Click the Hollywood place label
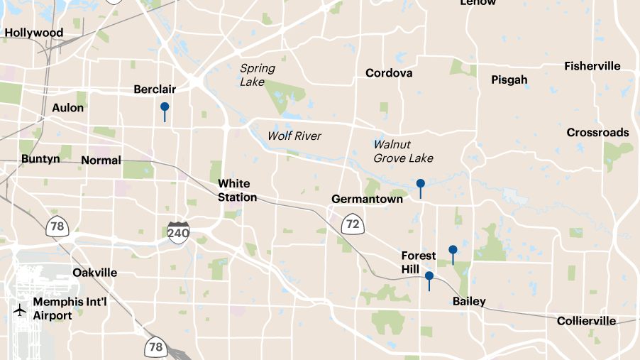click(x=34, y=33)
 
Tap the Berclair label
click(x=155, y=89)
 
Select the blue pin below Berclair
click(x=165, y=108)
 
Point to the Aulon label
click(x=68, y=108)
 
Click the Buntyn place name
click(x=40, y=159)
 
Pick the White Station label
click(x=237, y=190)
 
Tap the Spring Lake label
click(x=257, y=75)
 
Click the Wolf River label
click(x=294, y=136)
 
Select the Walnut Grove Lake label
click(x=403, y=151)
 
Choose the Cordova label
click(x=389, y=73)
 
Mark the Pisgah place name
click(x=509, y=80)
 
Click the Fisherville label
click(x=592, y=66)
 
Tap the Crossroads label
click(x=597, y=133)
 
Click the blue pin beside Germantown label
click(x=421, y=185)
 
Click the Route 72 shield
click(x=352, y=225)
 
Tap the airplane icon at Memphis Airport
click(x=20, y=310)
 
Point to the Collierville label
click(x=586, y=321)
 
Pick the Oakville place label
click(x=95, y=273)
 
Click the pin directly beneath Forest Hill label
click(x=429, y=277)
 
